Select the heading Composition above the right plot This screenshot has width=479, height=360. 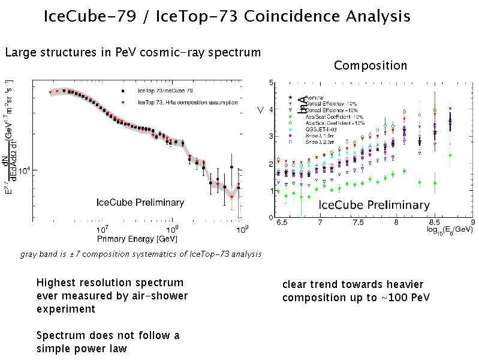tap(370, 65)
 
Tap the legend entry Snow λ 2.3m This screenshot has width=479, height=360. tap(320, 142)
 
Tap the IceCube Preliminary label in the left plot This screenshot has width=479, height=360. tap(140, 202)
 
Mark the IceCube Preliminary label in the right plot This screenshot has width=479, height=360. tap(374, 205)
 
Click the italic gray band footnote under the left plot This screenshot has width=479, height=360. tap(140, 254)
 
